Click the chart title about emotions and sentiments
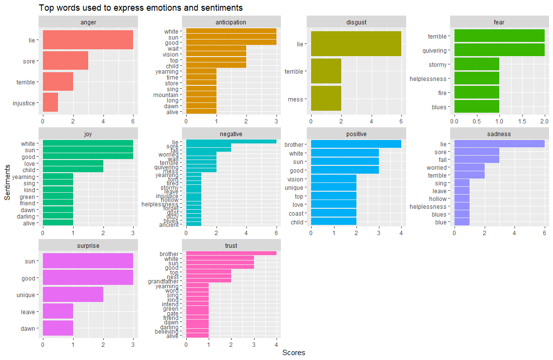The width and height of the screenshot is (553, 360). tap(140, 8)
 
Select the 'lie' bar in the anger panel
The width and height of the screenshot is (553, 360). tap(88, 39)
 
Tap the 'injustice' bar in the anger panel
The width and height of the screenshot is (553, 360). tap(50, 102)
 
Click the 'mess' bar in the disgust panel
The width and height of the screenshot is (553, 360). tap(326, 99)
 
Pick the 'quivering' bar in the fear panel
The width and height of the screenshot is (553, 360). tap(499, 50)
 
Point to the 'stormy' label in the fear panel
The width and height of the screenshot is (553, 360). tap(437, 64)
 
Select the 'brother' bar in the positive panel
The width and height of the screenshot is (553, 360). tap(356, 144)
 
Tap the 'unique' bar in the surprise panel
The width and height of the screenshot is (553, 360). tap(73, 294)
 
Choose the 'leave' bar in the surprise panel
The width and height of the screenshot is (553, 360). tap(58, 311)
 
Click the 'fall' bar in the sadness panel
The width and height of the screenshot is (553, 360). tap(476, 160)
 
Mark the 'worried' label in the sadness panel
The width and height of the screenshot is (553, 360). tap(436, 167)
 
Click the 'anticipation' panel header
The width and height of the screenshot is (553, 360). tap(231, 22)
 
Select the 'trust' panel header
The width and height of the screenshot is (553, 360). tap(231, 245)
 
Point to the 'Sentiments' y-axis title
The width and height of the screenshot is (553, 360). tap(7, 181)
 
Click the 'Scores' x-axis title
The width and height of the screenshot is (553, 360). tap(294, 353)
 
